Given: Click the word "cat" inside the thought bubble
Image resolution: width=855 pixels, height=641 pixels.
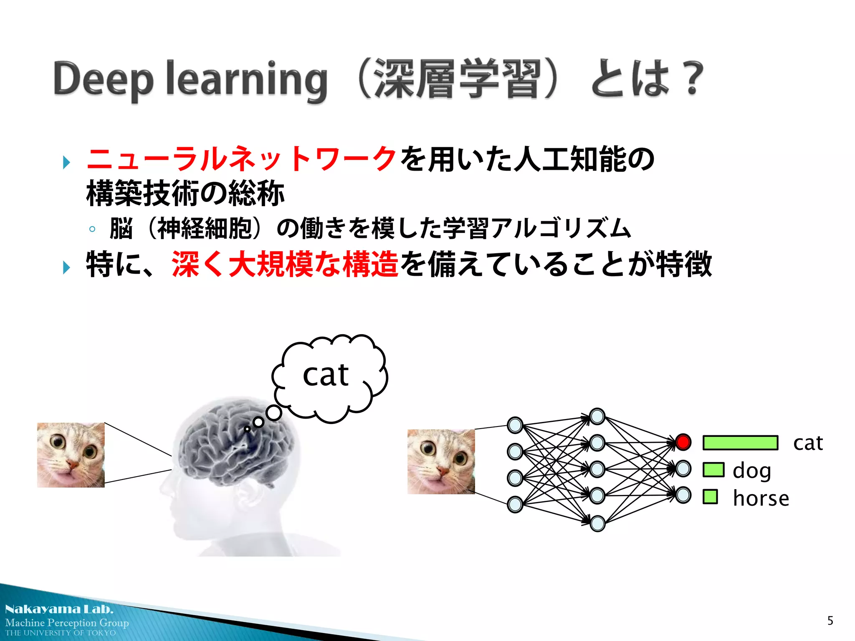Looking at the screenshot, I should coord(326,374).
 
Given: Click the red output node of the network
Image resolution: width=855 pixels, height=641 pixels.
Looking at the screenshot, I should coord(683,442).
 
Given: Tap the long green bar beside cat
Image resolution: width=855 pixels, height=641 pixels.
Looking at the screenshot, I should coord(740,442).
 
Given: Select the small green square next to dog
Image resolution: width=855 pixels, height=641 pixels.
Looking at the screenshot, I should coord(713,469).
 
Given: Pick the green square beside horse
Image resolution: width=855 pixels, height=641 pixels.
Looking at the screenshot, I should coord(710,497).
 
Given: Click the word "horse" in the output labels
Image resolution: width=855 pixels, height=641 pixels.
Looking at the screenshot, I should coord(761,498).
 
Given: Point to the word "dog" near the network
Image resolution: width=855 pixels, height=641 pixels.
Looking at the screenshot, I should coord(751,471).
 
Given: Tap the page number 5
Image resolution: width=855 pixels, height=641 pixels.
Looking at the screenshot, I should coord(830,621).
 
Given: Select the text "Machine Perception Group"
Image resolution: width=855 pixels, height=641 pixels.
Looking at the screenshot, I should coord(67,623).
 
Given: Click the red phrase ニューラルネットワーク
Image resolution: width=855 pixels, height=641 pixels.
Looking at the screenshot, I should coord(241,159).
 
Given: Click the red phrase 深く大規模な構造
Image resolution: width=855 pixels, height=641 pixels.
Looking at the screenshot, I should coord(285,264).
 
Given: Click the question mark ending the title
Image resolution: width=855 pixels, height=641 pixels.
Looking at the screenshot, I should coord(692,78).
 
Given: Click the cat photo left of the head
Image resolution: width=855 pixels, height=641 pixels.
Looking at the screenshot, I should coord(71,455).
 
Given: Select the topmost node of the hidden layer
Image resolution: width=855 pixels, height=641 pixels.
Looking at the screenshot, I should coord(597,416).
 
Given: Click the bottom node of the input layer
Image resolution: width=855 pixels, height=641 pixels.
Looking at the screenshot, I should coord(515,504).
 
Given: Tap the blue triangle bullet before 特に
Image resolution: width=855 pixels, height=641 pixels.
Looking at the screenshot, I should coord(66,267).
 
